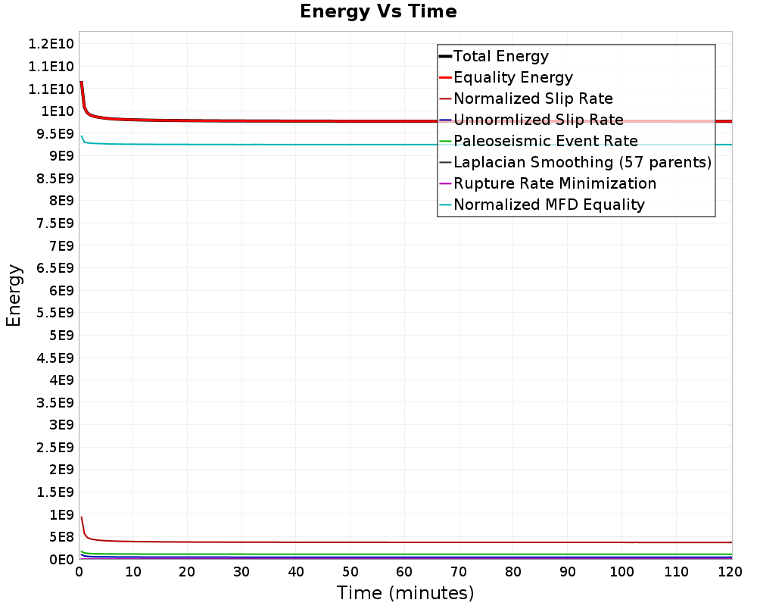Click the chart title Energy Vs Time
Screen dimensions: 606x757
pyautogui.click(x=378, y=12)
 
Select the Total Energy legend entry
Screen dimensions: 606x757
pyautogui.click(x=500, y=56)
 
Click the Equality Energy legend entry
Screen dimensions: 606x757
pyautogui.click(x=512, y=77)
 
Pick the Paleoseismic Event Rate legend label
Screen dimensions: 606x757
pyautogui.click(x=545, y=141)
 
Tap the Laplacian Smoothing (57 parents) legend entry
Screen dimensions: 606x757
pyautogui.click(x=582, y=162)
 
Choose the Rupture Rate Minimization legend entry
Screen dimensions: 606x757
pyautogui.click(x=555, y=183)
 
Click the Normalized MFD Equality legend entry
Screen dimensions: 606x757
pyautogui.click(x=549, y=205)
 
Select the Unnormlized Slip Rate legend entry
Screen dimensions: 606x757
pyautogui.click(x=538, y=120)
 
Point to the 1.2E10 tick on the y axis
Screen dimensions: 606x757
pyautogui.click(x=51, y=44)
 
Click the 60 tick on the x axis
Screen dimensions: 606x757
pyautogui.click(x=404, y=573)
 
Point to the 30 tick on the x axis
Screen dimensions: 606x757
pyautogui.click(x=241, y=573)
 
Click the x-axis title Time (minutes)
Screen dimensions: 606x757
pyautogui.click(x=405, y=592)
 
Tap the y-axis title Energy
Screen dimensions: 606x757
pyautogui.click(x=14, y=295)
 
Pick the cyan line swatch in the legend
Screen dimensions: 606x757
pyautogui.click(x=445, y=205)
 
